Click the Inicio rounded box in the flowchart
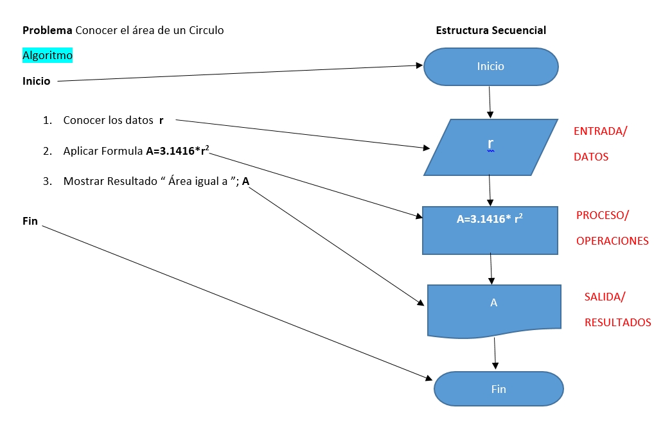491,66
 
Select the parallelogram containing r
491,147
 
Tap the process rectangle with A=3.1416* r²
490,230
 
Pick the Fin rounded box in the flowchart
499,389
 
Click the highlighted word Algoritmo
48,56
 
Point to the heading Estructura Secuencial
491,30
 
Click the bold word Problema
48,30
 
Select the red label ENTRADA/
600,131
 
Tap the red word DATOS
590,157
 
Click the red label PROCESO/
602,215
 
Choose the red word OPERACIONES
612,241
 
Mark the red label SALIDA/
605,297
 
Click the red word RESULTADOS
617,322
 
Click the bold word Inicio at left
37,82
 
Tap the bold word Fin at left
30,222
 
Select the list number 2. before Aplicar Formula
47,152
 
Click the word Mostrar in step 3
84,182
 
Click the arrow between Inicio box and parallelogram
490,101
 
